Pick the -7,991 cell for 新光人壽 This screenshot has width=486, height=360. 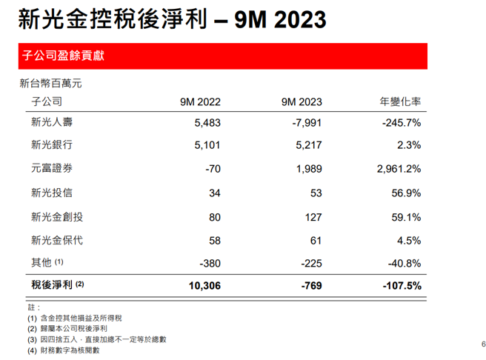(304, 122)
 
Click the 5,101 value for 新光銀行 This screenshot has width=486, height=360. (207, 145)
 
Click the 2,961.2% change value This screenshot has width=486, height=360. (395, 169)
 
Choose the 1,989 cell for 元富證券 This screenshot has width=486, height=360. (308, 169)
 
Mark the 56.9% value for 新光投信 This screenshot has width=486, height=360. (404, 193)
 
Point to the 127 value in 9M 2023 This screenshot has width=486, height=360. (313, 217)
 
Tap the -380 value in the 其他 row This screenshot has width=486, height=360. (210, 263)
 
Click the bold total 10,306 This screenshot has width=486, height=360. (204, 284)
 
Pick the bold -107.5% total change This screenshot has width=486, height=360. (399, 284)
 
